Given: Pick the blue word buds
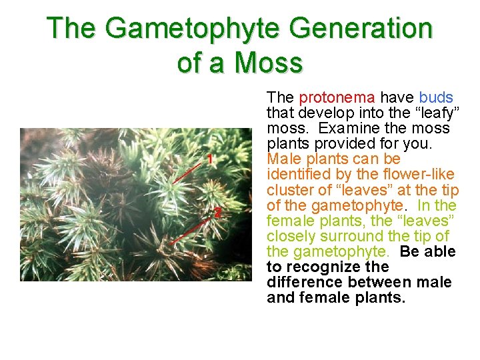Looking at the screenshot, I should point(436,97).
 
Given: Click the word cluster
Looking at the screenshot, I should point(288,190).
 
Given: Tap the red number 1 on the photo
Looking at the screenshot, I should point(209,159).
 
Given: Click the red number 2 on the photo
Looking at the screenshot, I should point(217,213).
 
